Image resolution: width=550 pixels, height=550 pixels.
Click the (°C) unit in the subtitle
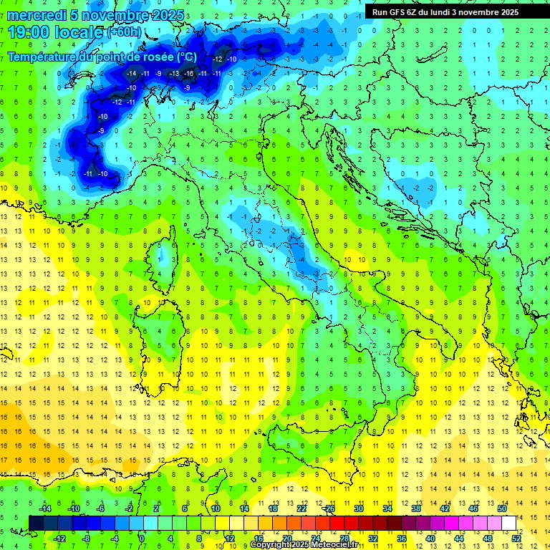click(x=186, y=57)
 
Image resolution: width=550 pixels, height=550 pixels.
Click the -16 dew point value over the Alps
click(x=188, y=73)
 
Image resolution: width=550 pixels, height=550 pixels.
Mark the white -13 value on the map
click(x=174, y=73)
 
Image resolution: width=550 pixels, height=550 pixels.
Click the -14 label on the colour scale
click(x=44, y=508)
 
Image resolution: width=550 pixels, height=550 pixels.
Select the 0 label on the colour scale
click(x=142, y=539)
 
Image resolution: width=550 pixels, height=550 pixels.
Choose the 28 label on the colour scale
click(x=344, y=539)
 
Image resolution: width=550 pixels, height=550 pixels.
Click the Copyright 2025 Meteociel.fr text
click(x=304, y=545)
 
